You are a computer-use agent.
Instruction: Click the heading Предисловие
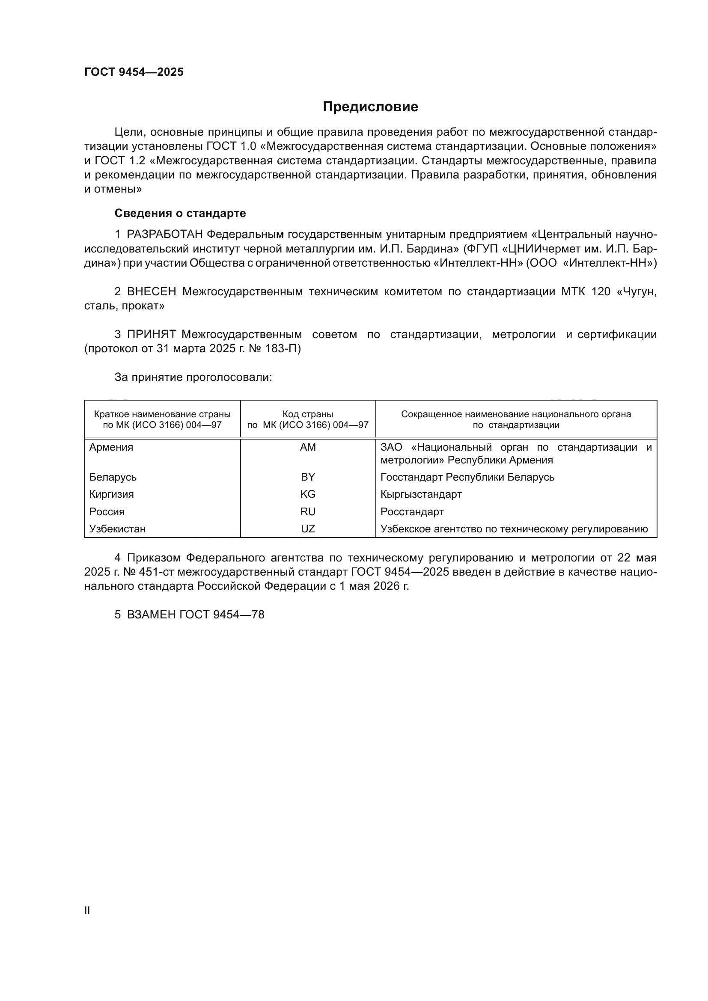pos(370,107)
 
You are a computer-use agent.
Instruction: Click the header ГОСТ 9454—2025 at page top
pos(134,72)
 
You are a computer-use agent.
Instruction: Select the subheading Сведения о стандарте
pos(180,213)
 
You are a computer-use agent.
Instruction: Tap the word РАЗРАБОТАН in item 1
pos(165,235)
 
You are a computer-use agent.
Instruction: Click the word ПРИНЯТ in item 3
pos(151,334)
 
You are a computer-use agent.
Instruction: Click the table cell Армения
pos(111,447)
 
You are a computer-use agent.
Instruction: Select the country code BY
pos(308,477)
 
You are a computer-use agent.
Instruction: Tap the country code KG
pos(308,494)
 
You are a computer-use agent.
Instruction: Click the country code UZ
pos(308,529)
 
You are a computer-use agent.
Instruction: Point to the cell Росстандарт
pos(412,511)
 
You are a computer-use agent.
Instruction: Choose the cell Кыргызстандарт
pos(421,494)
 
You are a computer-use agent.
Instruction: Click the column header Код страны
pos(308,414)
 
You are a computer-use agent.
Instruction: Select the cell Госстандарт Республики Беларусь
pos(467,477)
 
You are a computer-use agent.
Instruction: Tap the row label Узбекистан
pos(117,529)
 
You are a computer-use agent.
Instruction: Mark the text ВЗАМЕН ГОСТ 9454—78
pos(195,615)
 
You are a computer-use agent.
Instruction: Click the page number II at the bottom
pos(87,911)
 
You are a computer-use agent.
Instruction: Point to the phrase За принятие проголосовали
pos(193,377)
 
